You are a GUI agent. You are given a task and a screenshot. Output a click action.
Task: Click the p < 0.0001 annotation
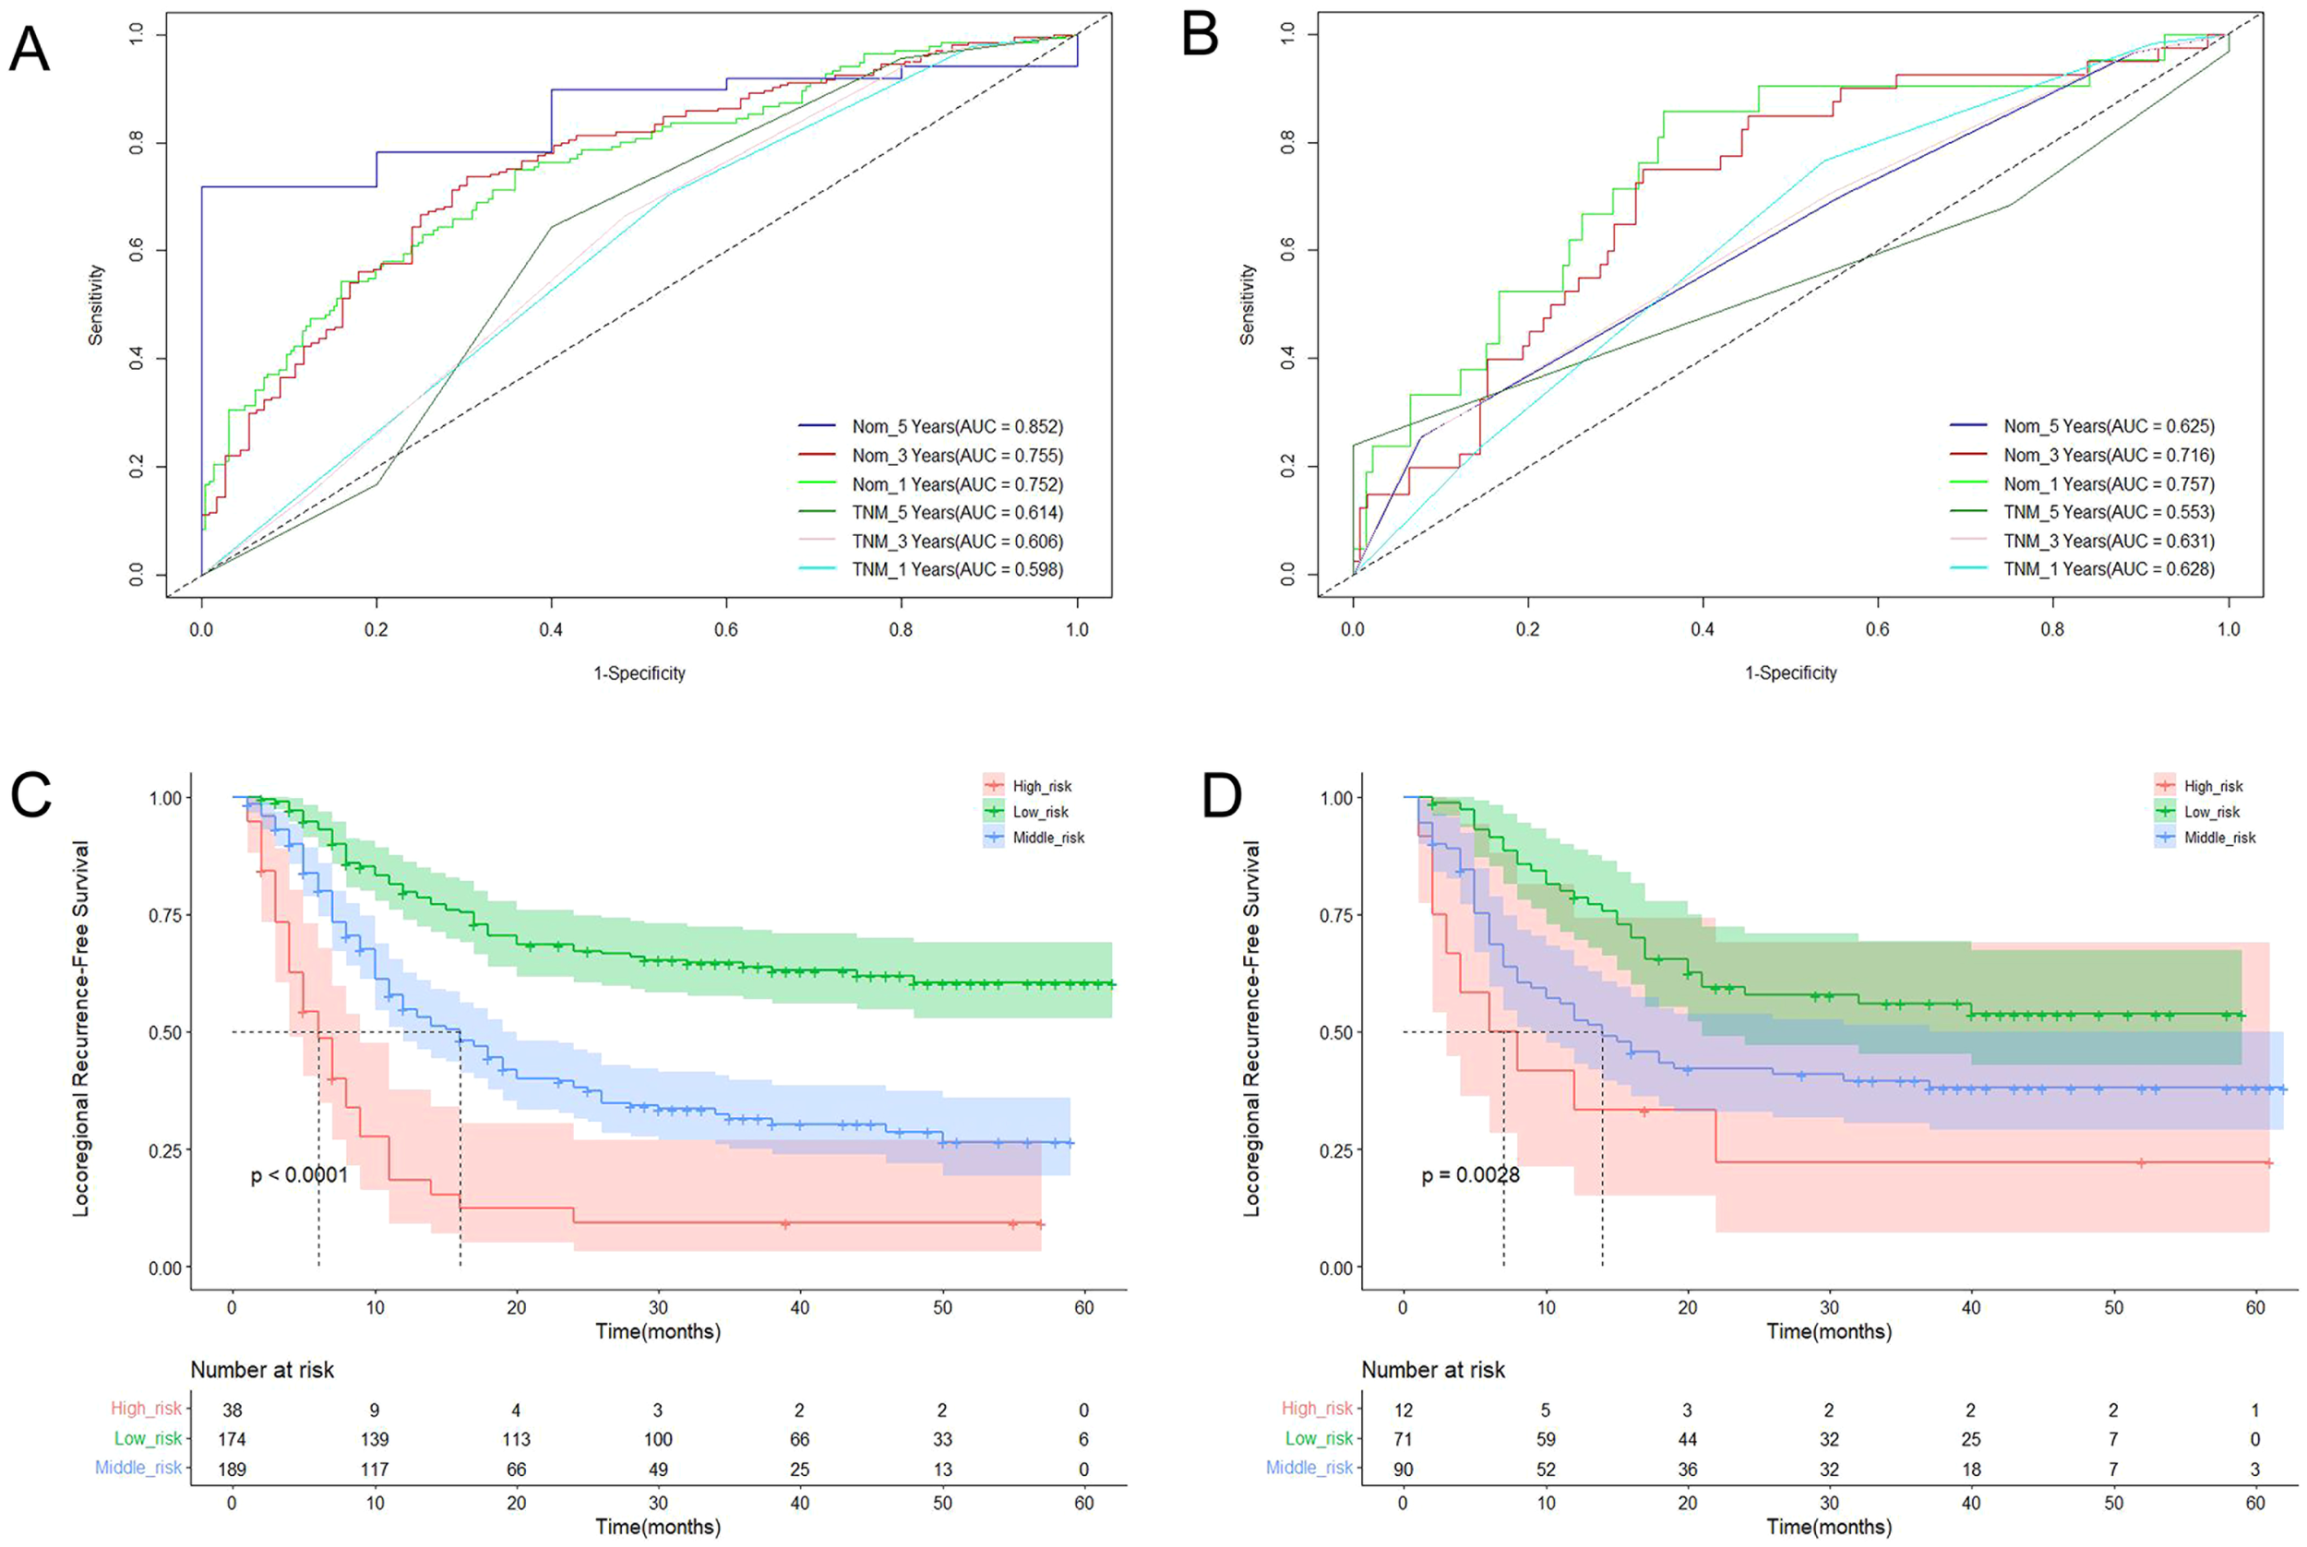[x=299, y=1175]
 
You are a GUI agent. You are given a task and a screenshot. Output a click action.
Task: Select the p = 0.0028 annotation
[x=1470, y=1175]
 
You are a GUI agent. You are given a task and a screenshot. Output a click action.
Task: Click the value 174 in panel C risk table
[x=232, y=1438]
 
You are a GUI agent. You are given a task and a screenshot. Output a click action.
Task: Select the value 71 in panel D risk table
[x=1404, y=1438]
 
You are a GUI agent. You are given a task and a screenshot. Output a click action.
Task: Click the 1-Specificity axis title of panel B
[x=1791, y=672]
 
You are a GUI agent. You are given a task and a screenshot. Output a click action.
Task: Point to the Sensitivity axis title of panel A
[x=96, y=303]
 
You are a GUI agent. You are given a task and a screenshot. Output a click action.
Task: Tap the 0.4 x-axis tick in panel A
[x=552, y=629]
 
